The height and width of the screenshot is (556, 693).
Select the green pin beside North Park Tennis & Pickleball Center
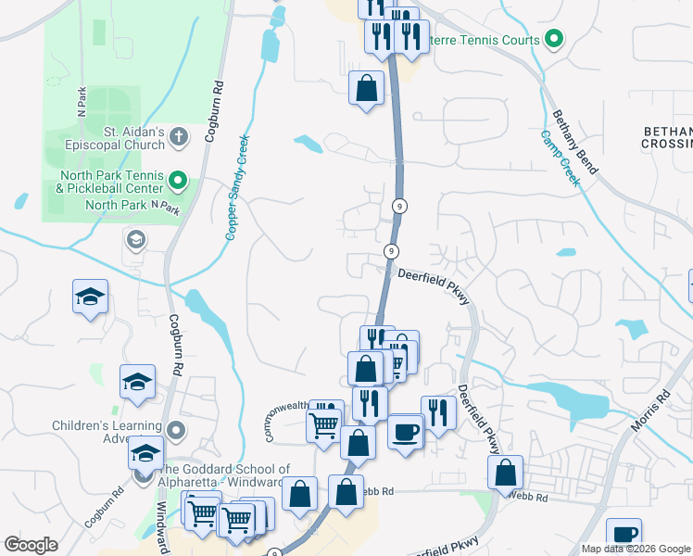180,181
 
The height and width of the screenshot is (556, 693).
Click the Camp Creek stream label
561,158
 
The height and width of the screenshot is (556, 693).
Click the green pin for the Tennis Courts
554,39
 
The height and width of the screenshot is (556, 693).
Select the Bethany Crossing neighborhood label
666,138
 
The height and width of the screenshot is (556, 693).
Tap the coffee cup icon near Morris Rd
624,533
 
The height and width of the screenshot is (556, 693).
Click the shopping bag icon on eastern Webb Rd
505,472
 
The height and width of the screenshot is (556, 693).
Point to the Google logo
31,545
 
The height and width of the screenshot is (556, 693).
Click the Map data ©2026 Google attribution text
635,549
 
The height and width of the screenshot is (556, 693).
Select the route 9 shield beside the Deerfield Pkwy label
392,251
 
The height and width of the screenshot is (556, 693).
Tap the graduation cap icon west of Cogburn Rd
91,297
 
